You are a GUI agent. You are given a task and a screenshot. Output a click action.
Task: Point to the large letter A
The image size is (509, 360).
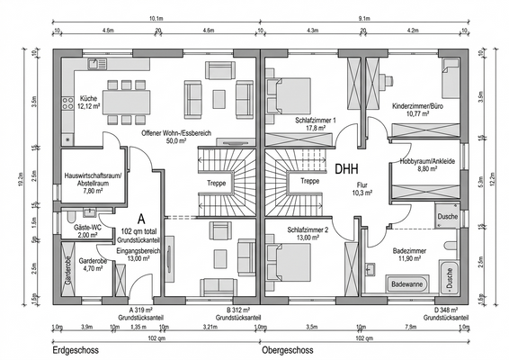pos(141,219)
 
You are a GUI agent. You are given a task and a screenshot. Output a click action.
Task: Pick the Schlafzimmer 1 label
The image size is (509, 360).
pos(315,123)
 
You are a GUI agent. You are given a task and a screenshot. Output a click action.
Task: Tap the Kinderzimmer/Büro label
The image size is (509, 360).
pos(419,110)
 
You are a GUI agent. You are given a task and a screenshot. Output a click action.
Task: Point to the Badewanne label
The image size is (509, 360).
pos(407,283)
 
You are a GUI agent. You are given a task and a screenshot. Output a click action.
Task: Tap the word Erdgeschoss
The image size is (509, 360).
pos(76,350)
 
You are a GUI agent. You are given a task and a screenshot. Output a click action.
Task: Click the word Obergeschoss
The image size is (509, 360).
pos(296,350)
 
